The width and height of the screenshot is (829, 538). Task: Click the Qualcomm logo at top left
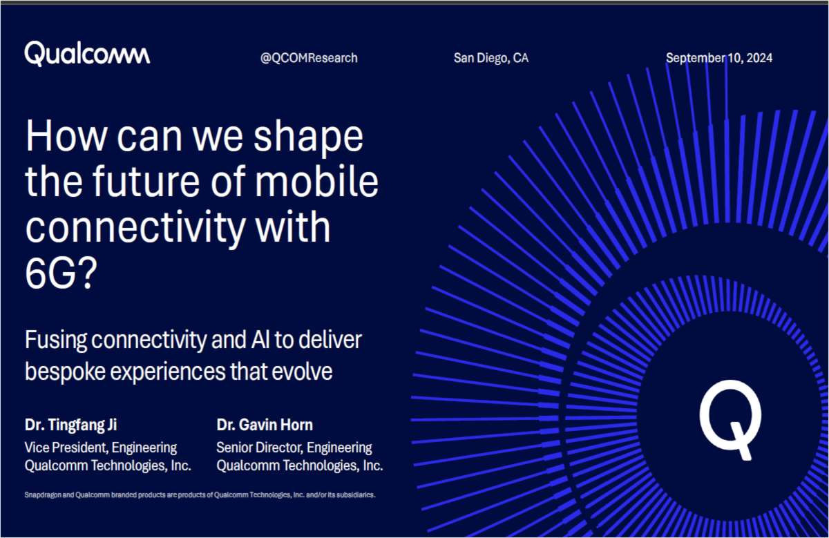coord(87,54)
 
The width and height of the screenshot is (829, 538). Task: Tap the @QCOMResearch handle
coord(309,58)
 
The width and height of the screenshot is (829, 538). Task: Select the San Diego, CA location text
coord(490,58)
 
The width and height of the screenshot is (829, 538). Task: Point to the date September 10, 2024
coord(718,58)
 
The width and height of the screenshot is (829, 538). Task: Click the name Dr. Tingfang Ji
coord(76,425)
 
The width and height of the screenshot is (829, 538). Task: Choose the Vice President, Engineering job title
coord(101,448)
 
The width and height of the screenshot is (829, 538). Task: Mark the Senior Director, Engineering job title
coord(294,448)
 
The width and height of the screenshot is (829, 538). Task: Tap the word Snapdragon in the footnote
coord(43,495)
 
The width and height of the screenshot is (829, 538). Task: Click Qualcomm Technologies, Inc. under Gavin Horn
coord(300,465)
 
